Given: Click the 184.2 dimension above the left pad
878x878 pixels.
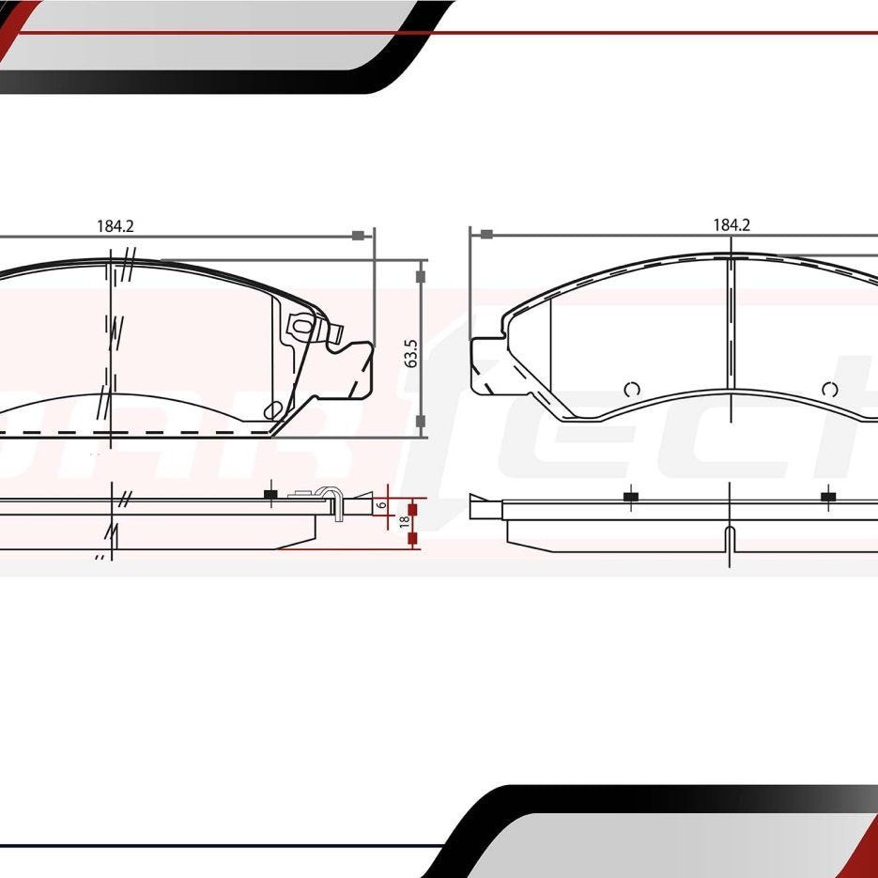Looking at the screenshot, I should (x=116, y=225).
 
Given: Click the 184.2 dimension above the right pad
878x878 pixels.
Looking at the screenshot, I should (x=732, y=224).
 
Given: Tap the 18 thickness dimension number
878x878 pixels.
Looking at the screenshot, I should (x=404, y=521).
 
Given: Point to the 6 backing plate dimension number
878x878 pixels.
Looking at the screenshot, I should (x=381, y=505).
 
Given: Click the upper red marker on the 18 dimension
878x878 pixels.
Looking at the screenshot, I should (x=411, y=509).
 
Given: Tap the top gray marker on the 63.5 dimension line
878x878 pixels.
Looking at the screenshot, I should (x=421, y=276).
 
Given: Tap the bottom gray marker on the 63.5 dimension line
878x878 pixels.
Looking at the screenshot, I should (x=421, y=421).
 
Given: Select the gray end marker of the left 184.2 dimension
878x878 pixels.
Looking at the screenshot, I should (x=357, y=235).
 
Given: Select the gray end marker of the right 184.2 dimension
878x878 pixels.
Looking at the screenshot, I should (x=486, y=234).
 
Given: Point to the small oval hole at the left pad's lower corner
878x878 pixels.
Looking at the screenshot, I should (x=273, y=408).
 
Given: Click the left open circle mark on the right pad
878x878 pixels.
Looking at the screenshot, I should (x=631, y=389).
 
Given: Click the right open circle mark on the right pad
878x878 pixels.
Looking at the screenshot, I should (x=828, y=389).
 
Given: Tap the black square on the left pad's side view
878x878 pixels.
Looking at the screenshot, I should (x=270, y=495).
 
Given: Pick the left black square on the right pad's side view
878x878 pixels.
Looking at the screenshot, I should (x=629, y=497).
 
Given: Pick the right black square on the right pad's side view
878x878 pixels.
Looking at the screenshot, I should (x=828, y=497).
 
